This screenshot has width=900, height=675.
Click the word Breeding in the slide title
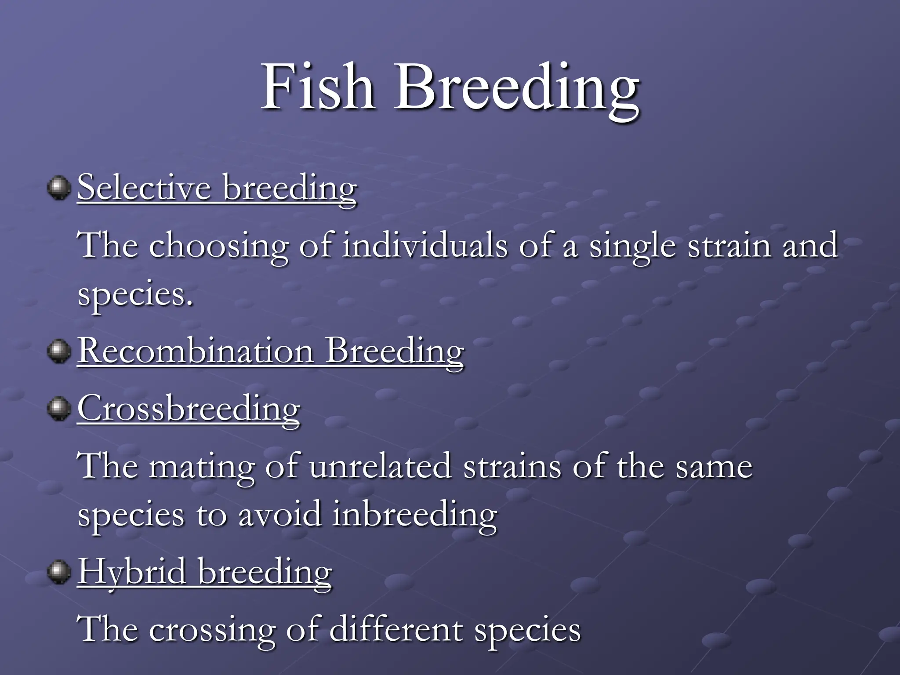517,90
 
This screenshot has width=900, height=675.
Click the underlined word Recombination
196,352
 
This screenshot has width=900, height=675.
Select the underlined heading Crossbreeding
189,409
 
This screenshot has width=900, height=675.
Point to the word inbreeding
414,515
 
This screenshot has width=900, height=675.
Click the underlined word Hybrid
132,572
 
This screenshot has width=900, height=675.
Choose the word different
396,629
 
